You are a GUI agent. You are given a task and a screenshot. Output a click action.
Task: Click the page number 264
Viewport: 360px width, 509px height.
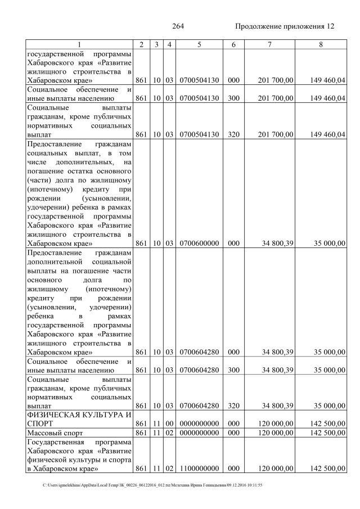click(x=178, y=26)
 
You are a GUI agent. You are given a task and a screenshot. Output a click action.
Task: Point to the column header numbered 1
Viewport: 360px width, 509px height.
click(x=79, y=44)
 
